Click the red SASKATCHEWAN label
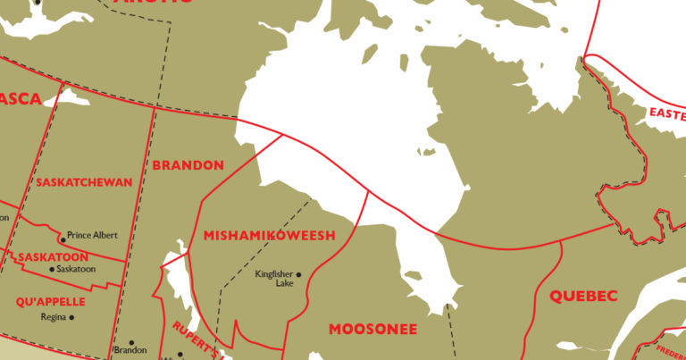pyautogui.click(x=85, y=182)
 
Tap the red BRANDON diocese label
pyautogui.click(x=188, y=165)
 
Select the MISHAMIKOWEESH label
pyautogui.click(x=269, y=236)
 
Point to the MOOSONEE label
pyautogui.click(x=372, y=330)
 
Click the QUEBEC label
pyautogui.click(x=583, y=296)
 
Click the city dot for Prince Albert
pyautogui.click(x=62, y=239)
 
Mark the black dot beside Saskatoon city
pyautogui.click(x=52, y=269)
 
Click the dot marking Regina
pyautogui.click(x=71, y=317)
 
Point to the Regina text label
pyautogui.click(x=54, y=317)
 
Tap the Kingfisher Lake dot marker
pyautogui.click(x=298, y=274)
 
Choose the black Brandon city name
pyautogui.click(x=130, y=351)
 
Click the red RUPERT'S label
pyautogui.click(x=197, y=336)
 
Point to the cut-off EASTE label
pyautogui.click(x=666, y=113)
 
